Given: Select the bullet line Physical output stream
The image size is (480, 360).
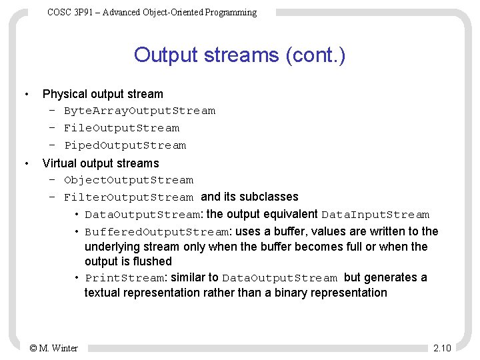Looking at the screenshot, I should [103, 94].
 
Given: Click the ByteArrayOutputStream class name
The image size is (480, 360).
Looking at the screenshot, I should [139, 111].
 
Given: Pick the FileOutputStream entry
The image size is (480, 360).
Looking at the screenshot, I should [121, 128].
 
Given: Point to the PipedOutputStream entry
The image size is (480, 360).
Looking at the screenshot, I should [125, 145].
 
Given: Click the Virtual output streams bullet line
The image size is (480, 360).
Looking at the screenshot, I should [101, 163].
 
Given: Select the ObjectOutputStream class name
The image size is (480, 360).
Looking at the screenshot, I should [129, 180].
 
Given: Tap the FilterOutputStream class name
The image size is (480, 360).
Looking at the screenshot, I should [129, 197].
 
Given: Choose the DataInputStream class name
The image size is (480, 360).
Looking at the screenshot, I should [375, 215].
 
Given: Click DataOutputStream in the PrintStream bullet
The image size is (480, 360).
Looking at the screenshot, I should [280, 278].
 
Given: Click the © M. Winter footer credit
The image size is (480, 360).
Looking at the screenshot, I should [54, 348].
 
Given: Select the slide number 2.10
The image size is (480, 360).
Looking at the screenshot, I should [442, 348].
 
